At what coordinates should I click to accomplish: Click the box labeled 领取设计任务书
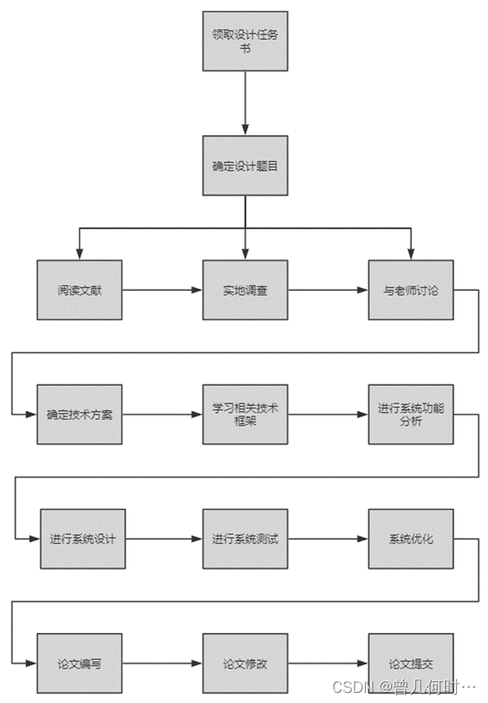[244, 41]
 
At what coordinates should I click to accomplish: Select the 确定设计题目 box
[244, 165]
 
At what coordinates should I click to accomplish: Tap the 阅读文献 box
[80, 290]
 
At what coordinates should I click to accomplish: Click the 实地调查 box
[244, 290]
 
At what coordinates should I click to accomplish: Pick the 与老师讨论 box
[410, 290]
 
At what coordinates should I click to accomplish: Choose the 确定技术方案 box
[80, 414]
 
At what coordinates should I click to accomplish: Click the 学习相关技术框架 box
[244, 414]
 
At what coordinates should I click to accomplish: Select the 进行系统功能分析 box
[410, 414]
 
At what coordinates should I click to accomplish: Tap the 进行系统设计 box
[82, 539]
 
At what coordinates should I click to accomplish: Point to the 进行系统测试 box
[244, 539]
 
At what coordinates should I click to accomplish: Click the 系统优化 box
[410, 539]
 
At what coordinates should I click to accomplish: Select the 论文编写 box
[80, 663]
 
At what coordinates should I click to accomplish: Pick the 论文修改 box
[244, 663]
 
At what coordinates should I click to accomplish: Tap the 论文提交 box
[410, 663]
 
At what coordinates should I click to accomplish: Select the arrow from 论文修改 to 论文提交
[327, 663]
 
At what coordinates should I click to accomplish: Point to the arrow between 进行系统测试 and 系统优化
[327, 539]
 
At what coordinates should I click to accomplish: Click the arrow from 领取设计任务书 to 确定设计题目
[244, 103]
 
